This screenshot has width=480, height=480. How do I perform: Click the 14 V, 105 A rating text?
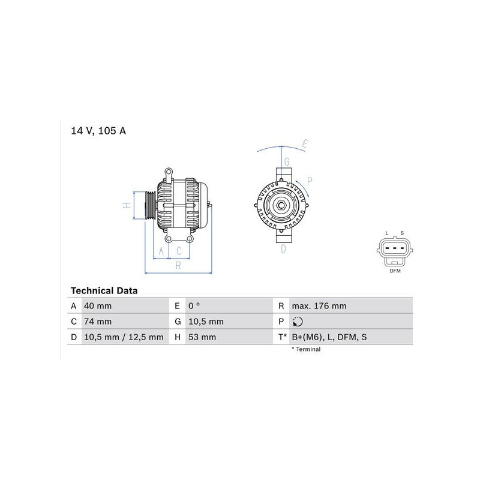[98, 131]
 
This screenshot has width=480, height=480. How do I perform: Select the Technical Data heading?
[104, 290]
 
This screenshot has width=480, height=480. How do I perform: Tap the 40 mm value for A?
[98, 306]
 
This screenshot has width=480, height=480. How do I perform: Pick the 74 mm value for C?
[98, 322]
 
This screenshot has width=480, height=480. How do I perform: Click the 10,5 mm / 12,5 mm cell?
[124, 337]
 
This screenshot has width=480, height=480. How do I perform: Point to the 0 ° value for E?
[194, 306]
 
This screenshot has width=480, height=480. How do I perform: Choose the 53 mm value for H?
[202, 337]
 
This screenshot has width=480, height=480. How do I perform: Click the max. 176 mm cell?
[319, 306]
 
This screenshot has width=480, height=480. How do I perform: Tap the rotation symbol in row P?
[298, 322]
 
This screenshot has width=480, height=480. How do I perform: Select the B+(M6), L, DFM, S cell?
[329, 337]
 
